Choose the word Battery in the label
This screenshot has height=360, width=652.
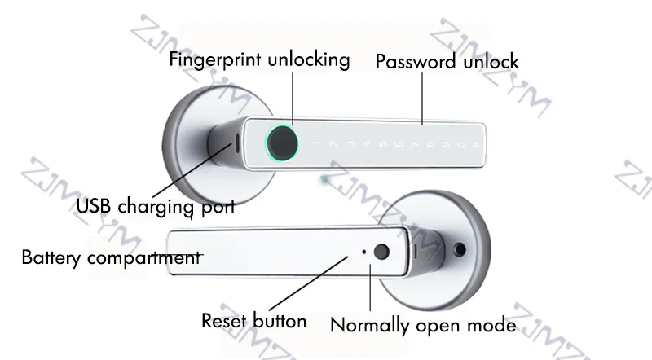click(x=48, y=259)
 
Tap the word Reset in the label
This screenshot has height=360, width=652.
click(x=223, y=321)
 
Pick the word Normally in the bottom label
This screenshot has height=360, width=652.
click(x=368, y=326)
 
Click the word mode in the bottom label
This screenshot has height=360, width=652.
click(x=495, y=326)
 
